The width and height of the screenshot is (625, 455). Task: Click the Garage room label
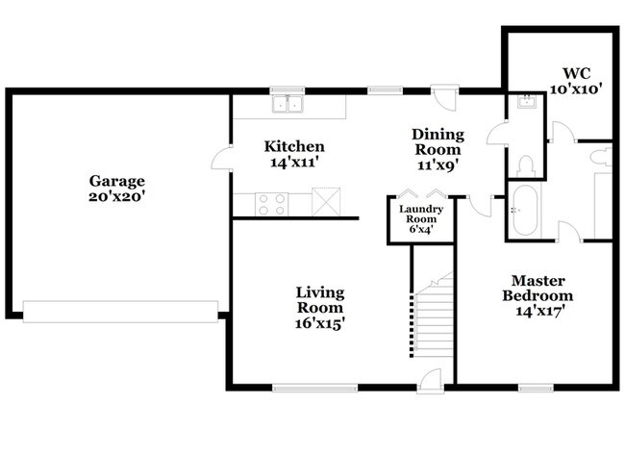click(x=116, y=189)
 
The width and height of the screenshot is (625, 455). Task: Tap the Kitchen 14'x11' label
click(x=294, y=154)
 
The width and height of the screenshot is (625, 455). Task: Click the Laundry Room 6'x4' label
click(x=421, y=219)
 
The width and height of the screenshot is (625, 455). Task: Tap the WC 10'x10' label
click(x=576, y=81)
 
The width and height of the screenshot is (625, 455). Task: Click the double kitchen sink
click(x=287, y=104)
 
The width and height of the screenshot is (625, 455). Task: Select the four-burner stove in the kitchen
click(x=271, y=204)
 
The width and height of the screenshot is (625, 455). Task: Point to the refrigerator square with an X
click(x=326, y=202)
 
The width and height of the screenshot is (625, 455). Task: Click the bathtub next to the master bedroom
click(x=525, y=211)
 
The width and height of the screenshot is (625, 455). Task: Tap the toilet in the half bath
click(x=526, y=166)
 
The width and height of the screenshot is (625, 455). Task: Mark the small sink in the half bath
click(x=527, y=102)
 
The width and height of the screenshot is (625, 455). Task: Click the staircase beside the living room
click(x=434, y=315)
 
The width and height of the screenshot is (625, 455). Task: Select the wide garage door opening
click(x=120, y=312)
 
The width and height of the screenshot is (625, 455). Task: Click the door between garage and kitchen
click(x=222, y=159)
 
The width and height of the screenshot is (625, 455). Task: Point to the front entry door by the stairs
click(x=431, y=381)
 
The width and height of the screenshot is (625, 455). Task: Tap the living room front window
click(x=315, y=388)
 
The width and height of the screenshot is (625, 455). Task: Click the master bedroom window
click(x=536, y=388)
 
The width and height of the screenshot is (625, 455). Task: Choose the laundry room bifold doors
click(x=422, y=193)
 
